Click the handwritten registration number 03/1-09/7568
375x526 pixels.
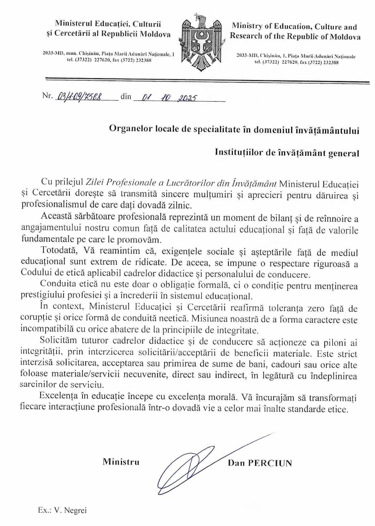(x=79, y=97)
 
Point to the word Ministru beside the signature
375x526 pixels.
(x=121, y=462)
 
